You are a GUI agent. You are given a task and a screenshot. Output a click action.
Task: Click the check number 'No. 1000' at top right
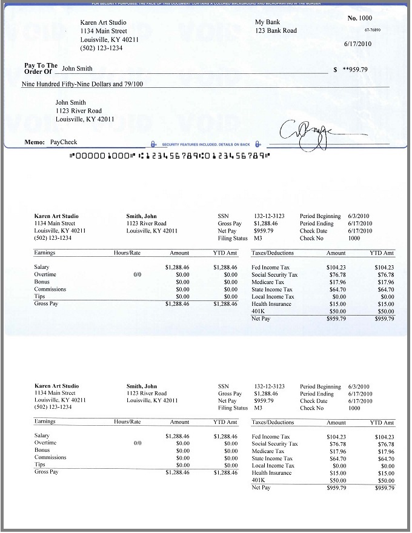pyautogui.click(x=360, y=19)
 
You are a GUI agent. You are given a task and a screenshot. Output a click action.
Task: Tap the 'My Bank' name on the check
pyautogui.click(x=267, y=22)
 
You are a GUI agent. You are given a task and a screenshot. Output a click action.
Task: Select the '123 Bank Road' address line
pyautogui.click(x=276, y=30)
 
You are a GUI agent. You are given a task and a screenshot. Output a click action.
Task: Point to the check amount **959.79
pyautogui.click(x=355, y=69)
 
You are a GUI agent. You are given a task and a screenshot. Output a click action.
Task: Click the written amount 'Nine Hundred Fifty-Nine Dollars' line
pyautogui.click(x=82, y=84)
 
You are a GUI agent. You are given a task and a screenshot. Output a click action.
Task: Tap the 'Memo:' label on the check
pyautogui.click(x=35, y=142)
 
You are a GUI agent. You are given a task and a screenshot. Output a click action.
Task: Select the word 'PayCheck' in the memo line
pyautogui.click(x=64, y=142)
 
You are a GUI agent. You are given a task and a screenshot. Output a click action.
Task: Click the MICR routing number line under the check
pyautogui.click(x=170, y=156)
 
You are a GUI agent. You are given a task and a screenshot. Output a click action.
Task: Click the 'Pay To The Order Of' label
pyautogui.click(x=41, y=68)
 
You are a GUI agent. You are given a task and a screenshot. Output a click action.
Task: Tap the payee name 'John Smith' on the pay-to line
pyautogui.click(x=78, y=69)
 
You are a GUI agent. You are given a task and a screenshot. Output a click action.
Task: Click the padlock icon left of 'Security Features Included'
pyautogui.click(x=153, y=144)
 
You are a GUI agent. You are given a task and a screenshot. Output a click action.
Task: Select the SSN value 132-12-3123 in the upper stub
pyautogui.click(x=270, y=216)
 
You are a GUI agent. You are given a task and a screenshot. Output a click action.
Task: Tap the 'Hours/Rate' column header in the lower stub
pyautogui.click(x=127, y=422)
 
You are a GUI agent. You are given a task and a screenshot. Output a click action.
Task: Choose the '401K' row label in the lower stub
pyautogui.click(x=257, y=480)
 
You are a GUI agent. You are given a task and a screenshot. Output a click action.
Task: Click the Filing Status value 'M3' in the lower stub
pyautogui.click(x=258, y=408)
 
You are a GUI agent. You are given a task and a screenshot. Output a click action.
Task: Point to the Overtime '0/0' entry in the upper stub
pyautogui.click(x=138, y=274)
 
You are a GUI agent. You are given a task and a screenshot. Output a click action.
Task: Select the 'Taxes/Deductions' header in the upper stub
pyautogui.click(x=273, y=253)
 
